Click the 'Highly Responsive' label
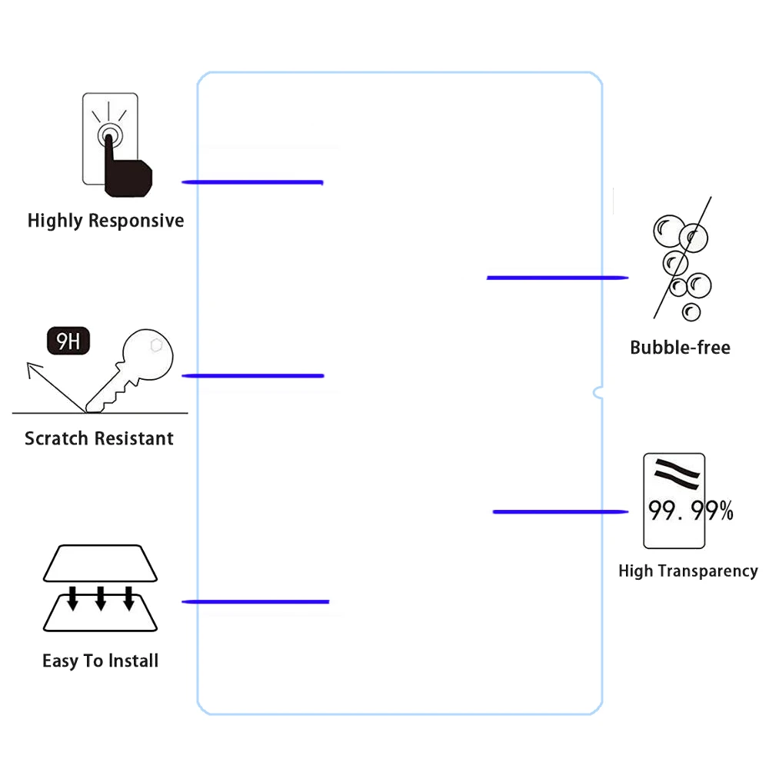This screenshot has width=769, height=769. [105, 221]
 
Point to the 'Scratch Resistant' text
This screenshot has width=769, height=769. [99, 438]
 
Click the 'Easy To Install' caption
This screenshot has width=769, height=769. [100, 661]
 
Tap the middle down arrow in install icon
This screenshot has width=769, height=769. [100, 598]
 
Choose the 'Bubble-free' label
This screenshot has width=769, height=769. [680, 348]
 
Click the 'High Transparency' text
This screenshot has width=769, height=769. [687, 571]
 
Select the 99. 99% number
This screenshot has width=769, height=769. [690, 511]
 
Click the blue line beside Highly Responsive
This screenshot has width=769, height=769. [252, 182]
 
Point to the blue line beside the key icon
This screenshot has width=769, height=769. [252, 375]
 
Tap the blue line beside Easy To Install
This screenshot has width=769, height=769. [255, 601]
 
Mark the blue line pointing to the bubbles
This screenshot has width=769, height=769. [558, 277]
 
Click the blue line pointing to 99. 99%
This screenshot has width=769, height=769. [560, 511]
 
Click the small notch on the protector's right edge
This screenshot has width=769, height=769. [598, 393]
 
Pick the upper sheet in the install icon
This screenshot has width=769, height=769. [100, 564]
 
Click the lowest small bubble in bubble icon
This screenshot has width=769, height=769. [691, 311]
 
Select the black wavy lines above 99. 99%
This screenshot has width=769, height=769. [676, 473]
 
